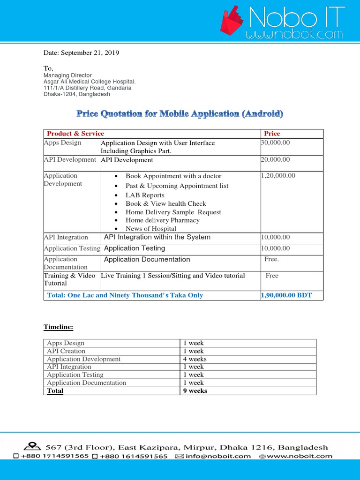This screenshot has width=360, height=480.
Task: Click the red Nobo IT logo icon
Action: [232, 22]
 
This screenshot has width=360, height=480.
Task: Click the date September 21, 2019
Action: [81, 52]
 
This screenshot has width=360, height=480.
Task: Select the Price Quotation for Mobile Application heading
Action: [180, 114]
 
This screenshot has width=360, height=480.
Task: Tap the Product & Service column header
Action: [75, 134]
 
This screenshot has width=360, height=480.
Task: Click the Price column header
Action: [272, 134]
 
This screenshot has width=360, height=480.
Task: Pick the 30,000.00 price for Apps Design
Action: [275, 142]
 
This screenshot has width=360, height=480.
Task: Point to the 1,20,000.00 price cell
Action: [278, 175]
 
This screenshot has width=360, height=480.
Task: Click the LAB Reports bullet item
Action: [145, 195]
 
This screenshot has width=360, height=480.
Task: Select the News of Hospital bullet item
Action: [150, 229]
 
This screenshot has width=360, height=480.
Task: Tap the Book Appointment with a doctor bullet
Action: [173, 176]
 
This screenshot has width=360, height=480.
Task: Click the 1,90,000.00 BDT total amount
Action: [286, 295]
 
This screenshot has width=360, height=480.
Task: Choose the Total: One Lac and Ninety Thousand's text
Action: [125, 295]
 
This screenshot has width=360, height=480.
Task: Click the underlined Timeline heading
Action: [59, 327]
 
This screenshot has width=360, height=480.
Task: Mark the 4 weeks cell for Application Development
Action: [195, 359]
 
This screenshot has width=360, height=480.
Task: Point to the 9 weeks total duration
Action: [195, 390]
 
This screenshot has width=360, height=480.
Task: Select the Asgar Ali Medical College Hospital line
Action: [90, 82]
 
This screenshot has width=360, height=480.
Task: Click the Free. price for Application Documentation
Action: [271, 259]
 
